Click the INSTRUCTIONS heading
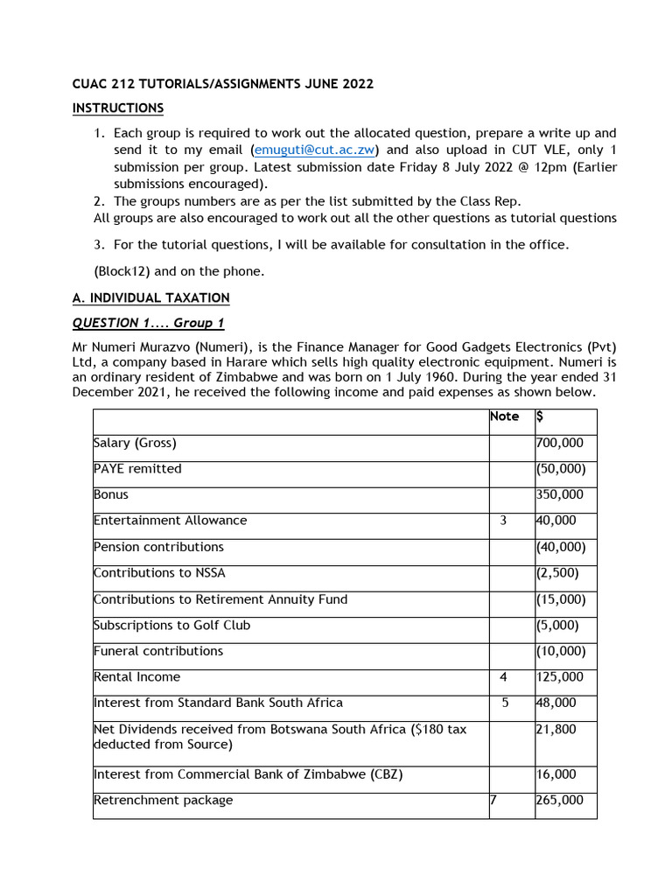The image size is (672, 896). (117, 108)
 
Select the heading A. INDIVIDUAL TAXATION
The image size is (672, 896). (150, 297)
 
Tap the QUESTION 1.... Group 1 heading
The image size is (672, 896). (148, 323)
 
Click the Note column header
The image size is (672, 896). (504, 416)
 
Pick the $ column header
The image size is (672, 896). (540, 416)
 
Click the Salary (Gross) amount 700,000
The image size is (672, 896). (559, 444)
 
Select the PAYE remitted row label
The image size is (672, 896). (137, 469)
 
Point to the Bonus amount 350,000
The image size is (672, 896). (559, 495)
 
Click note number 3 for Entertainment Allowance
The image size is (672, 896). (503, 521)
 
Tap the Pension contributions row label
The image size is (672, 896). (158, 547)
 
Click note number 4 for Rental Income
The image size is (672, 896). (503, 677)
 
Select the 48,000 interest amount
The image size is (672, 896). (556, 703)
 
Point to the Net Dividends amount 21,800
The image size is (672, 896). (556, 729)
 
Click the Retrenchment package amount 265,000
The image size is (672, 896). (559, 800)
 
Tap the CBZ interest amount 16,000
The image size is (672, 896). (556, 774)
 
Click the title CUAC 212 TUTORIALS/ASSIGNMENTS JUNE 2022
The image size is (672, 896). (222, 84)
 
